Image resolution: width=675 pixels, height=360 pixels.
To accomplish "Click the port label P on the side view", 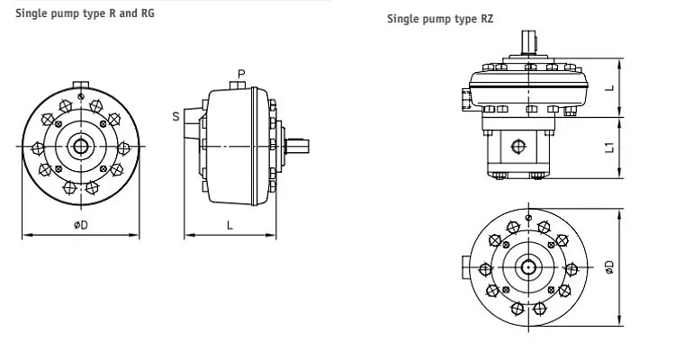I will pos(241,72).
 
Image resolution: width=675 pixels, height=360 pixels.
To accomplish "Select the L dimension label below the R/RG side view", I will pos(230,225).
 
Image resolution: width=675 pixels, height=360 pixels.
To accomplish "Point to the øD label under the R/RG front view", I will pos(81,225).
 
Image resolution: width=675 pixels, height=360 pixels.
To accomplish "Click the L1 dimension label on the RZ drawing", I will pos(609,147).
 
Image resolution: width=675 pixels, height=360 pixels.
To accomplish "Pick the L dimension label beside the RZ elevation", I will pos(609,88).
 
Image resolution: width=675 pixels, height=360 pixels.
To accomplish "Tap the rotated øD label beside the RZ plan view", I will pos(609,266).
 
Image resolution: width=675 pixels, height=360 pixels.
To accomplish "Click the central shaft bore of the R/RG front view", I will pos(81,147).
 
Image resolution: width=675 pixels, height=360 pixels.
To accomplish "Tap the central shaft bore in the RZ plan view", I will pos(528,267).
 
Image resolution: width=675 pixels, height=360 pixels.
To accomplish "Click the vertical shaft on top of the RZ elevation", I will pos(528,41).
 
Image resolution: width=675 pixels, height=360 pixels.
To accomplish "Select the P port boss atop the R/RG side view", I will pos(238,85).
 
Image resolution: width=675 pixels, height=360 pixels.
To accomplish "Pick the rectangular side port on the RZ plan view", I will pos(464,267).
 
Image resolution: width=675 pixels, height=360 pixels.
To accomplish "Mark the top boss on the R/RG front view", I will pos(81,87).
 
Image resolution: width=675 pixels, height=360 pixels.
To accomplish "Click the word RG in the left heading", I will pos(146,13).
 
